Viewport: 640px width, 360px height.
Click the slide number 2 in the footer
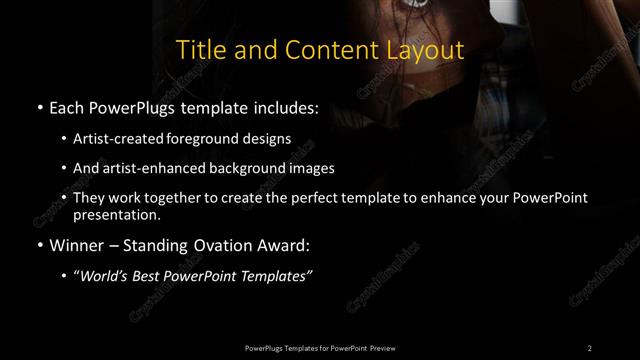click(x=589, y=347)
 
